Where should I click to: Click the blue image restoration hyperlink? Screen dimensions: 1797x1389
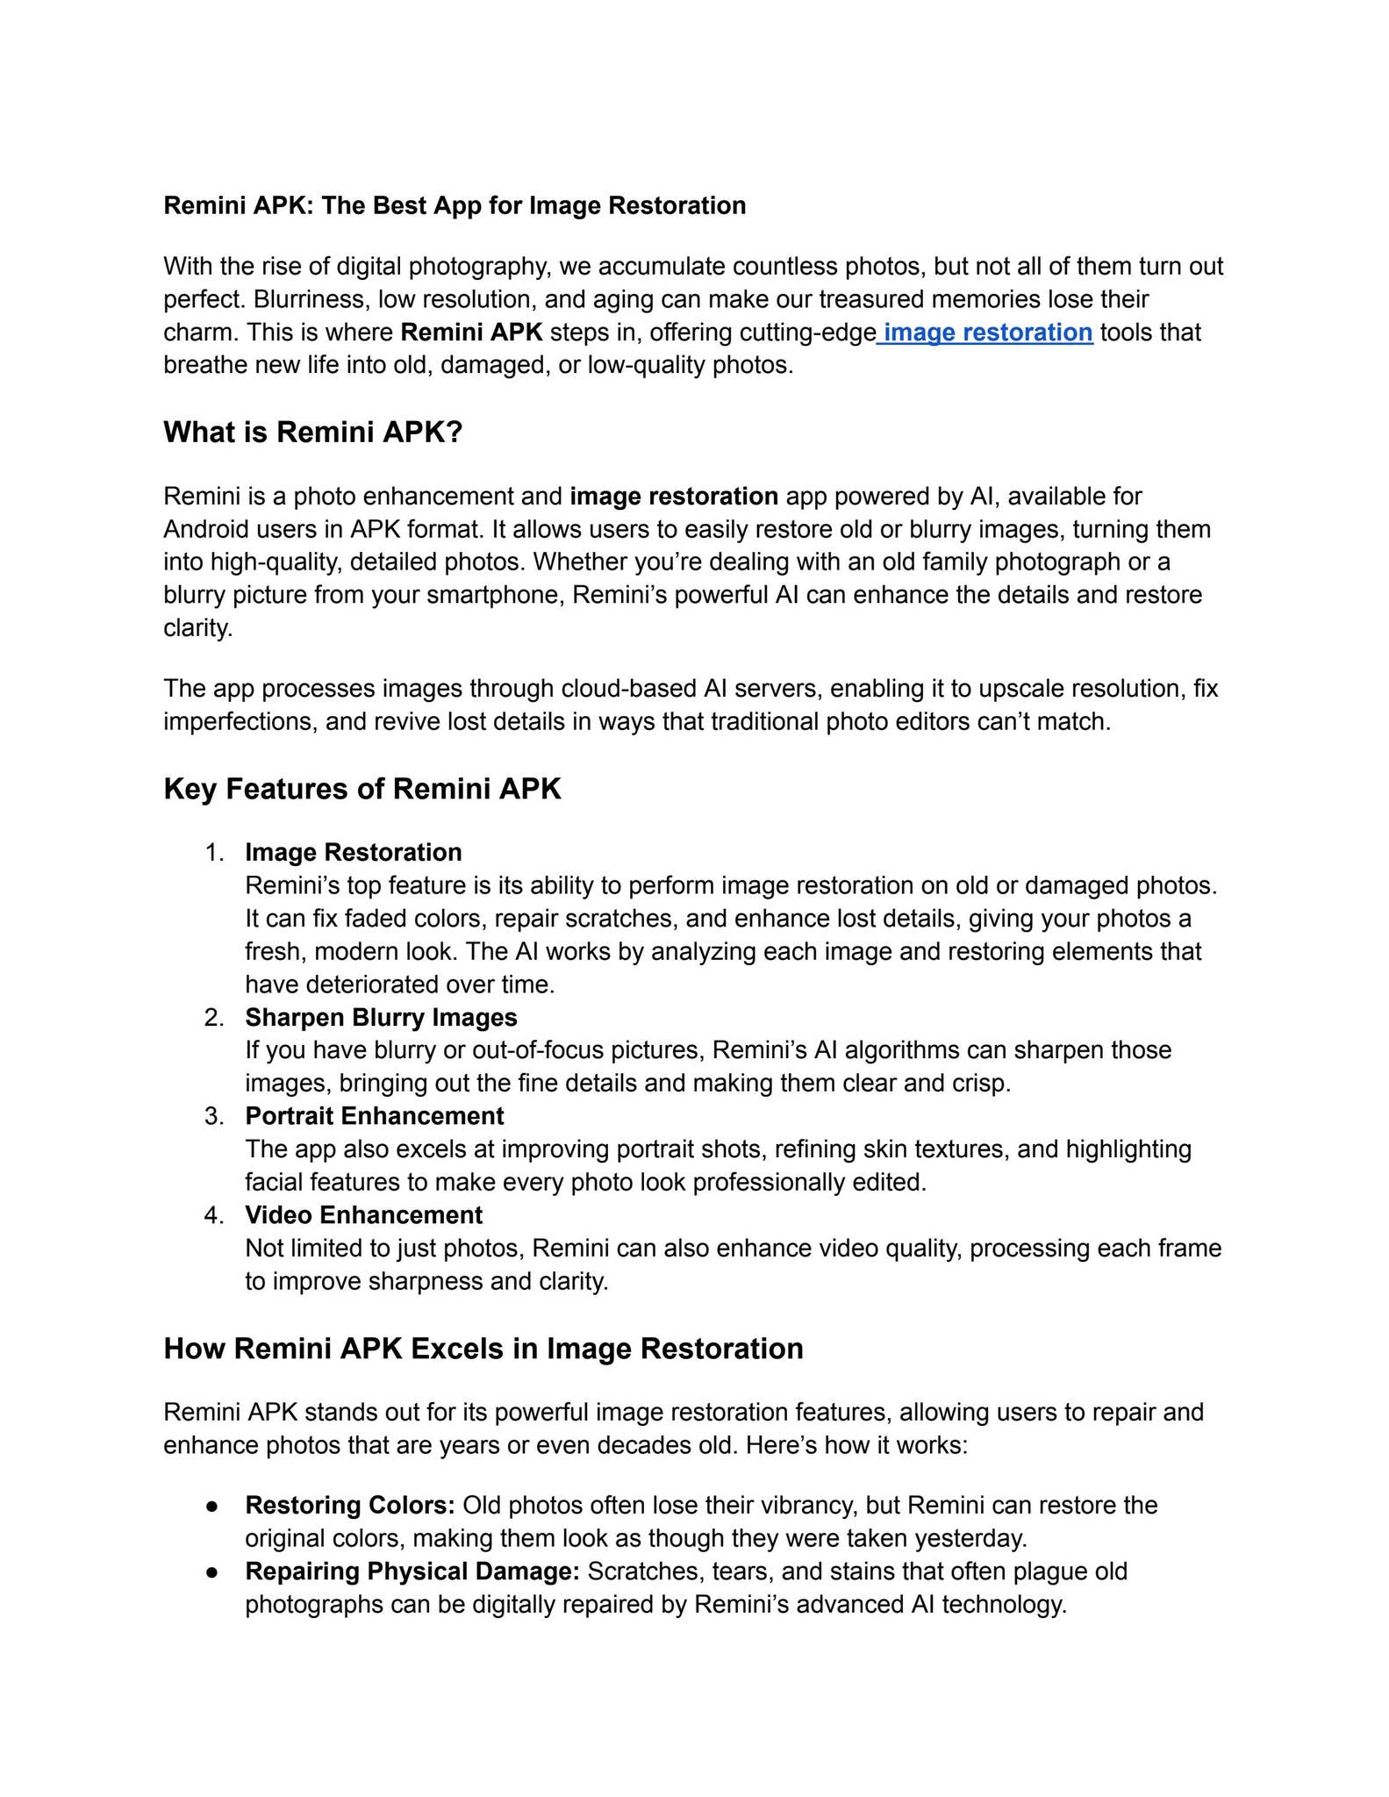coord(987,333)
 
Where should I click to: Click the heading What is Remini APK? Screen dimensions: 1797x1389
coord(312,433)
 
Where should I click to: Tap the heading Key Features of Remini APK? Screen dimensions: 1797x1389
coord(362,789)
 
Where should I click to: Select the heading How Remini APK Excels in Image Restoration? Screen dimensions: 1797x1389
coord(483,1349)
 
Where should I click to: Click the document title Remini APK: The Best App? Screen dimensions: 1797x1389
coord(455,205)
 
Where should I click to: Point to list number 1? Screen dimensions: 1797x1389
coord(214,853)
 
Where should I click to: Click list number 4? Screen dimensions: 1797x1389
coord(214,1215)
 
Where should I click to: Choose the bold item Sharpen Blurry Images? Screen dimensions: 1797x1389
coord(381,1018)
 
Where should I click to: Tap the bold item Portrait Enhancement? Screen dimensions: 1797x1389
coord(374,1116)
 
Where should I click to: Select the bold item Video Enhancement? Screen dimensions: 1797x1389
coord(363,1215)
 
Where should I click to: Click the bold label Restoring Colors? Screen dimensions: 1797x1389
coord(349,1506)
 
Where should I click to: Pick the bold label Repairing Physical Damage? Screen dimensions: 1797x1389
coord(412,1571)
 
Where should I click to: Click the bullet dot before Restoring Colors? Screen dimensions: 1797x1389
coord(211,1506)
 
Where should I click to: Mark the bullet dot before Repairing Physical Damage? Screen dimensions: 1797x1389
coord(211,1571)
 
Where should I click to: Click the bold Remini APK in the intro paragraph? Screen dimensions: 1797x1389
coord(471,333)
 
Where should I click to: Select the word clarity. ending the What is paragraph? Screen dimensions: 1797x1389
coord(198,628)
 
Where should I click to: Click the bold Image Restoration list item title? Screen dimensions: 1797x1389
coord(353,853)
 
